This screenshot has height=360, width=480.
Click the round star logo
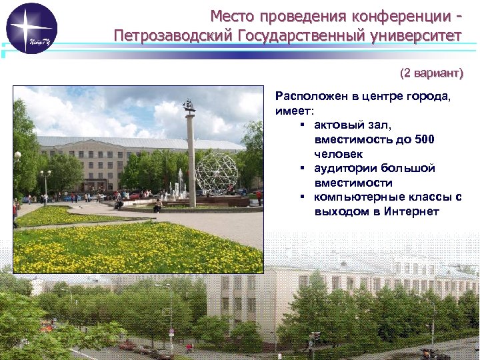(31, 28)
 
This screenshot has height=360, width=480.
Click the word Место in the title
(234, 15)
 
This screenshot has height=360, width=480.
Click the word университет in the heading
(416, 35)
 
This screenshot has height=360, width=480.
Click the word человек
(337, 153)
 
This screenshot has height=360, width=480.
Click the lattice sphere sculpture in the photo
(216, 173)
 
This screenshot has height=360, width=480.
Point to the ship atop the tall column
(189, 105)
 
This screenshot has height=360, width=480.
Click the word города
(428, 96)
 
